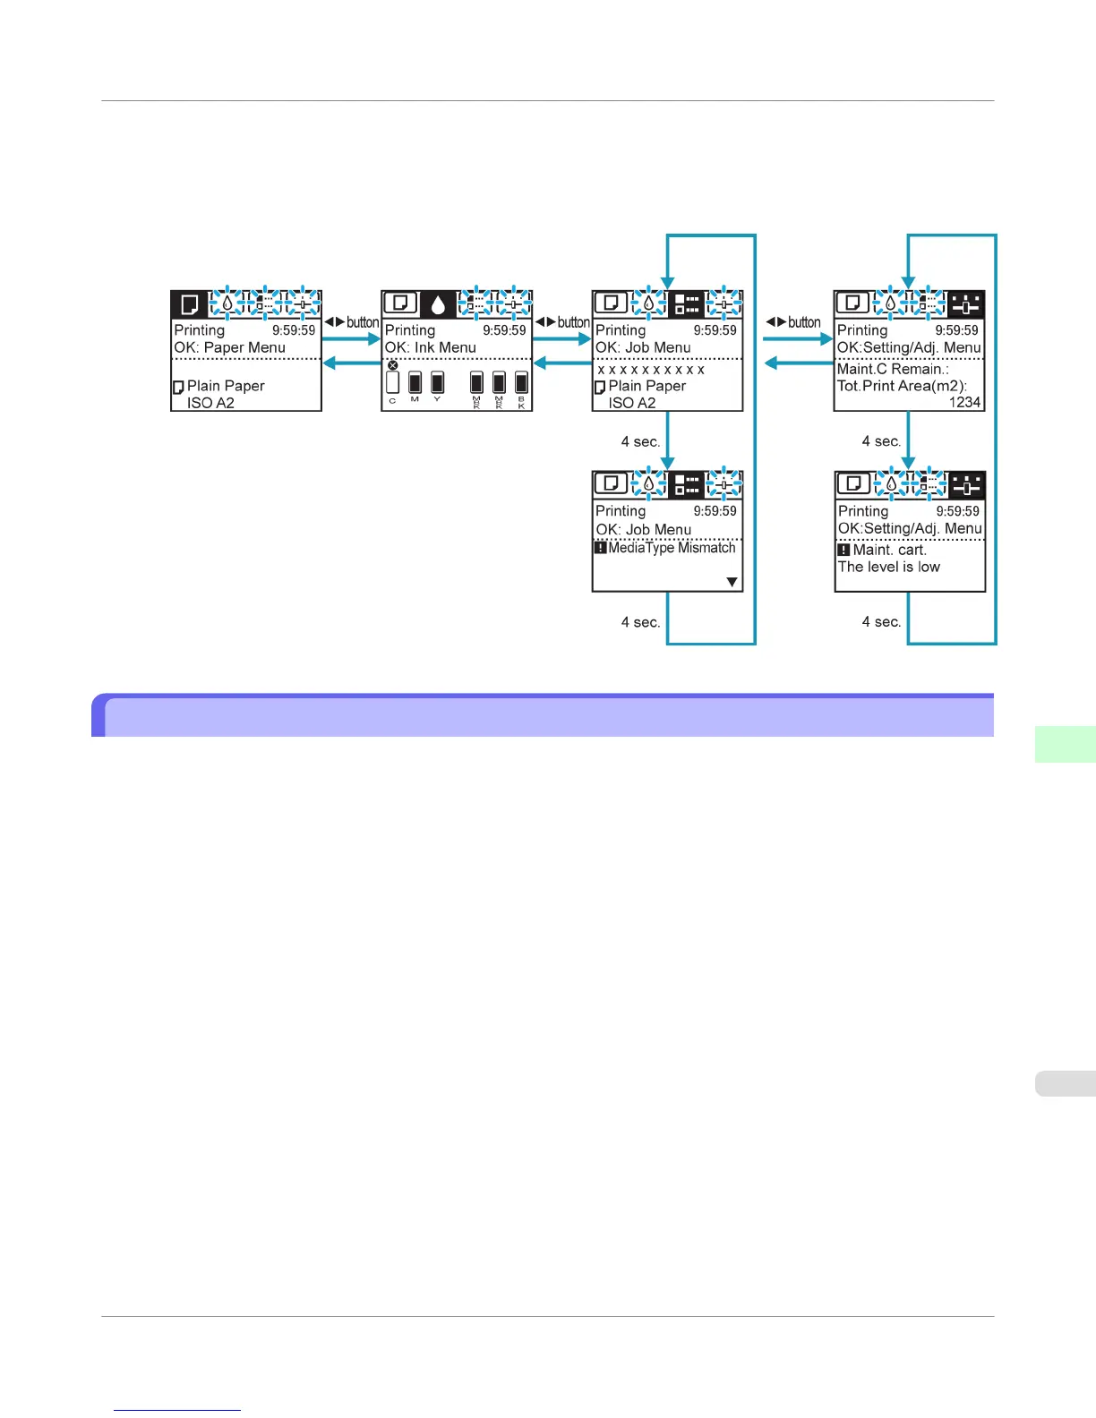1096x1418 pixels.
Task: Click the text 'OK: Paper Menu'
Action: point(229,347)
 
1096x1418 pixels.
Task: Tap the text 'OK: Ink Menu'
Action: point(430,347)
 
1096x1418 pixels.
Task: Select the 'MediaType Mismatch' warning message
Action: point(672,548)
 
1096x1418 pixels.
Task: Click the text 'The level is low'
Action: point(889,567)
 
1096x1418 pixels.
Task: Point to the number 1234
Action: point(964,403)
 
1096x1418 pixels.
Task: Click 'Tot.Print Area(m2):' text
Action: point(902,386)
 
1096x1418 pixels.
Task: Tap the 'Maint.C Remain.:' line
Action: point(893,369)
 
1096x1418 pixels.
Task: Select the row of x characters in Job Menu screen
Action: point(651,370)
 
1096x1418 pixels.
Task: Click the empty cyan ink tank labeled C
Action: point(392,383)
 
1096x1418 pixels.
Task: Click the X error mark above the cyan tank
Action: point(392,365)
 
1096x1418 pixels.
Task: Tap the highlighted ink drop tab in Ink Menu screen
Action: point(438,304)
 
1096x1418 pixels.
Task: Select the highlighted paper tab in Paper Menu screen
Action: point(189,304)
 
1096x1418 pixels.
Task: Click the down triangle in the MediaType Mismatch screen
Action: point(732,583)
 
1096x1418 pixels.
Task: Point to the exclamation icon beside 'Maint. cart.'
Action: point(843,550)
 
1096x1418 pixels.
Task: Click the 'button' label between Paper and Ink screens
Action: point(362,322)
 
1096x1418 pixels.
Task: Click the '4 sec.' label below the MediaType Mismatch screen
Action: point(640,622)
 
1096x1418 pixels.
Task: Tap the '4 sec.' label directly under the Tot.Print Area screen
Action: point(881,441)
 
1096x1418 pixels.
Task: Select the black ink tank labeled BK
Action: point(521,383)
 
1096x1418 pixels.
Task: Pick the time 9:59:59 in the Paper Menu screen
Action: point(294,330)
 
